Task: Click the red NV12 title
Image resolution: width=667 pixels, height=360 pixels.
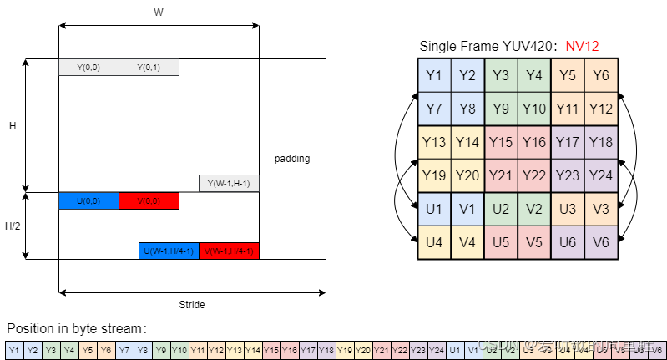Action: click(x=582, y=47)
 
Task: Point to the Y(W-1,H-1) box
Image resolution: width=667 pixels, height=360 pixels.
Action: click(x=229, y=184)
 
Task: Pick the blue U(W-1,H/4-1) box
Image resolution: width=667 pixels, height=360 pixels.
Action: click(x=169, y=251)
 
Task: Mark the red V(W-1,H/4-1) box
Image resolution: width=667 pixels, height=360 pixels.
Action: click(x=229, y=251)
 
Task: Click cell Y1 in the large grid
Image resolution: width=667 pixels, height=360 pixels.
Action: click(x=434, y=76)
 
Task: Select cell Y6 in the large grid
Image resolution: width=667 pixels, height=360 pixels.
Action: click(x=601, y=76)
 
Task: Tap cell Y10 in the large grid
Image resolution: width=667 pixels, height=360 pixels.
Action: click(x=534, y=109)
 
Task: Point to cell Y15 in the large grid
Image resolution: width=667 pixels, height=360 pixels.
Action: click(x=501, y=142)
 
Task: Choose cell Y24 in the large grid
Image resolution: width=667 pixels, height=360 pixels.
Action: click(x=601, y=175)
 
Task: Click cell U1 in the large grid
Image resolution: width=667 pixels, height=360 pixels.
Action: click(x=434, y=209)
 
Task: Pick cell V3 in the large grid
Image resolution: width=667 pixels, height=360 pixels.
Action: click(x=601, y=209)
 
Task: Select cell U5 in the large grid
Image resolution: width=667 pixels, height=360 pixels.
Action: click(x=501, y=242)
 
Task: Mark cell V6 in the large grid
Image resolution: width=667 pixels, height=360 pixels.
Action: click(x=601, y=242)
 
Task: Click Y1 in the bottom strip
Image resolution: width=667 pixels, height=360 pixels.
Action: click(x=14, y=350)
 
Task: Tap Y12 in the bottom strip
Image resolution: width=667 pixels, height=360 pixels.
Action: click(x=216, y=350)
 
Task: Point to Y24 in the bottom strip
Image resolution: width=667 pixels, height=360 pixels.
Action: click(x=437, y=350)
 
